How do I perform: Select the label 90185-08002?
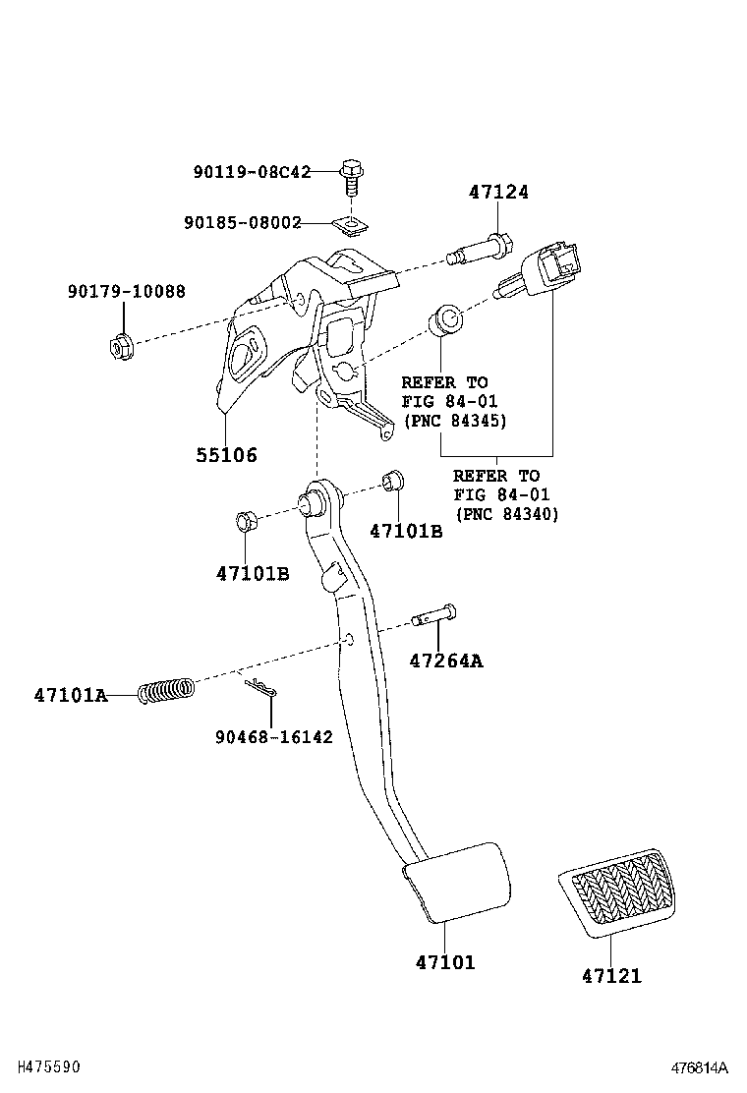coord(242,223)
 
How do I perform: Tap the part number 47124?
coord(498,192)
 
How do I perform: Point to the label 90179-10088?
coord(126,292)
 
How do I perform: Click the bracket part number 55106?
coord(225,455)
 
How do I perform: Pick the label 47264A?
coord(446,661)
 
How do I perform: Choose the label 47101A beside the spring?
coord(70,695)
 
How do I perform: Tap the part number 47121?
coord(610,976)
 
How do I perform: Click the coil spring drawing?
coord(165,692)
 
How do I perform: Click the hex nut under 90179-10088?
coord(120,346)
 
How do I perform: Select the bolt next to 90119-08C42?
coord(350,179)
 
